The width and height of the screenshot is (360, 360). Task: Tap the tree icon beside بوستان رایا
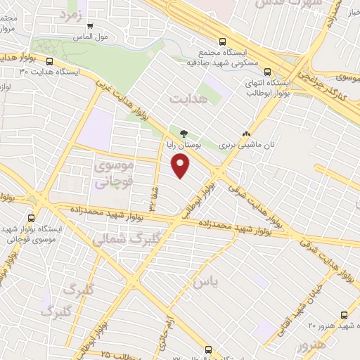tap(184, 134)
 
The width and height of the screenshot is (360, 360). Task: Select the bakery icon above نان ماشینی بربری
tap(245, 134)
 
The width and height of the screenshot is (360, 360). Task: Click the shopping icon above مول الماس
tap(89, 26)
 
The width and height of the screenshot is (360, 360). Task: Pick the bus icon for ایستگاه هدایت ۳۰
tap(50, 61)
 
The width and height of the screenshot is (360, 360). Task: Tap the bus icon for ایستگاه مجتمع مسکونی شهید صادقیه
tap(222, 41)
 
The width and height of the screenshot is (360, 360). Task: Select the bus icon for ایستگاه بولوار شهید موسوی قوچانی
tap(31, 219)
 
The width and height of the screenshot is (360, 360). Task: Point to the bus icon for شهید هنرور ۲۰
tap(343, 316)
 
